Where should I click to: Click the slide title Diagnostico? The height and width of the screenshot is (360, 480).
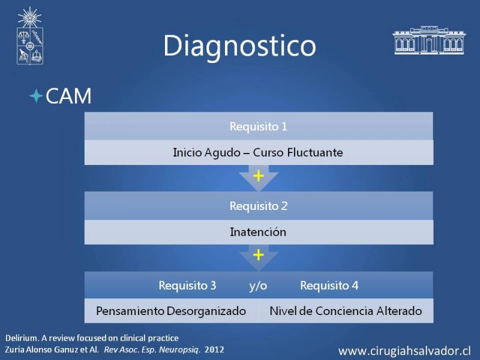tap(239, 46)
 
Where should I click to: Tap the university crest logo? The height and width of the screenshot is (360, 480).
tap(29, 36)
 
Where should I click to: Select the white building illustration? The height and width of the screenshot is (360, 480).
tap(428, 40)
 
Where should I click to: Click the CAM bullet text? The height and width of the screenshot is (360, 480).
tap(68, 96)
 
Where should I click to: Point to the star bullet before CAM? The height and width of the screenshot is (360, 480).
tap(36, 96)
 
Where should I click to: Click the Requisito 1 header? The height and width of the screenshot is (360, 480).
tap(259, 127)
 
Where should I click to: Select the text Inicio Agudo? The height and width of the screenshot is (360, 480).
tap(206, 152)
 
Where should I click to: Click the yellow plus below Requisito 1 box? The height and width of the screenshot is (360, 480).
tap(259, 176)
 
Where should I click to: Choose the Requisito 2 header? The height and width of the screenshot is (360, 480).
tap(259, 206)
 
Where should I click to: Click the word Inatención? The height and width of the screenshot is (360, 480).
tap(258, 232)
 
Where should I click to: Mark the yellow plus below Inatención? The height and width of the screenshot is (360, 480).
tap(259, 254)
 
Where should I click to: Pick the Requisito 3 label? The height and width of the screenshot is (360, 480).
tap(187, 286)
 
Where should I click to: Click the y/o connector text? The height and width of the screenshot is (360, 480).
tap(258, 286)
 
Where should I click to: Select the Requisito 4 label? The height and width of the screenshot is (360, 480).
tap(329, 286)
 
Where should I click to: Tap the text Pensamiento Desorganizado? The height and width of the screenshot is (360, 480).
tap(171, 311)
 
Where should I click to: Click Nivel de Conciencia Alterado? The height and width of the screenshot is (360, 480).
tap(346, 311)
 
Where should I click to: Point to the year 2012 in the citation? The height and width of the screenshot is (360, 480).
tap(214, 350)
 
